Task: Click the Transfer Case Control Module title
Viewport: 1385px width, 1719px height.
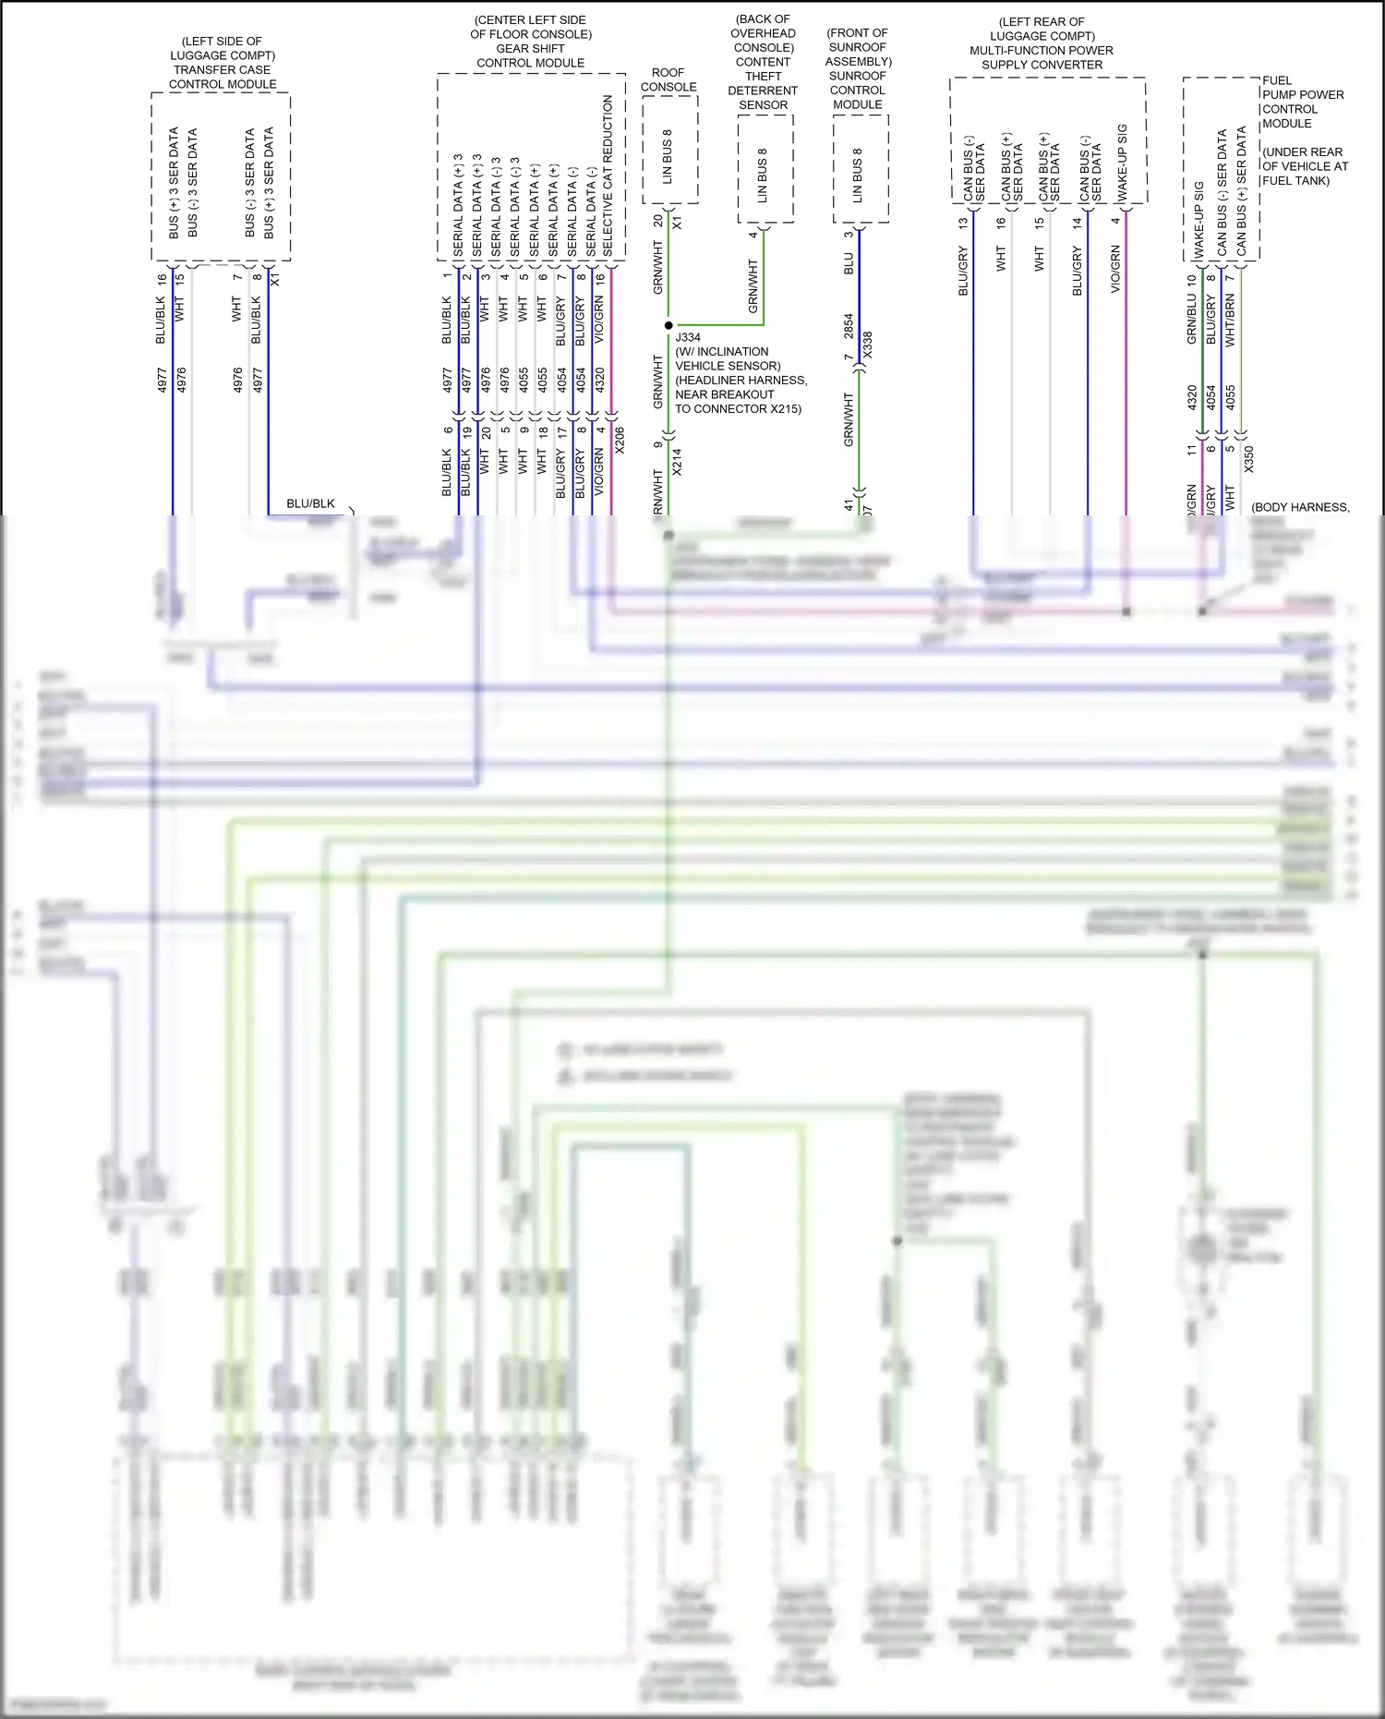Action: pyautogui.click(x=222, y=63)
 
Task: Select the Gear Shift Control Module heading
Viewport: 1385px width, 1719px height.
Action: pyautogui.click(x=531, y=42)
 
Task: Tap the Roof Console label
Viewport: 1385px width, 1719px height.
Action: pyautogui.click(x=668, y=79)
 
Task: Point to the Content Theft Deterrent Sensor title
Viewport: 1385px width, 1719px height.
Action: pyautogui.click(x=763, y=62)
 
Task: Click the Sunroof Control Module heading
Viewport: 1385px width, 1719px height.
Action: pyautogui.click(x=858, y=68)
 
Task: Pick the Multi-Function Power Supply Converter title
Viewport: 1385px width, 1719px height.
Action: pyautogui.click(x=1042, y=43)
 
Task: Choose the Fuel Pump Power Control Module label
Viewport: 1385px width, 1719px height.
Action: pyautogui.click(x=1303, y=102)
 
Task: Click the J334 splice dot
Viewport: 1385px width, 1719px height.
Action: pyautogui.click(x=668, y=325)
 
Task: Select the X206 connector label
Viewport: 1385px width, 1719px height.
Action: pyautogui.click(x=620, y=440)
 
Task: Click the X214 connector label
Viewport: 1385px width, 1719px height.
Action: pyautogui.click(x=677, y=462)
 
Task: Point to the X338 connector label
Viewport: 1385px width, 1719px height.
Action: pyautogui.click(x=867, y=345)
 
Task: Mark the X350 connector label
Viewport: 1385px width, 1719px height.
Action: pyautogui.click(x=1249, y=459)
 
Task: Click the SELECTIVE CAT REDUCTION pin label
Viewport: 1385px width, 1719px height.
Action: pyautogui.click(x=608, y=176)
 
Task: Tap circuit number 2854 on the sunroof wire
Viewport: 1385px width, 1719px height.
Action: pyautogui.click(x=849, y=326)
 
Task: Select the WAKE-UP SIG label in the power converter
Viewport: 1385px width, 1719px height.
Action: pyautogui.click(x=1123, y=163)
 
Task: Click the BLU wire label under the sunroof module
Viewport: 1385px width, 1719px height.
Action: pyautogui.click(x=849, y=263)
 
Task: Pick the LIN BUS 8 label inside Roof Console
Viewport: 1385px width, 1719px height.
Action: pyautogui.click(x=668, y=157)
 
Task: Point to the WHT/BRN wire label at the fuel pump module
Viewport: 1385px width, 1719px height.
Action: pyautogui.click(x=1230, y=321)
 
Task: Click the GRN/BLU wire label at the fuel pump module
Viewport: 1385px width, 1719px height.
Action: pyautogui.click(x=1192, y=320)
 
